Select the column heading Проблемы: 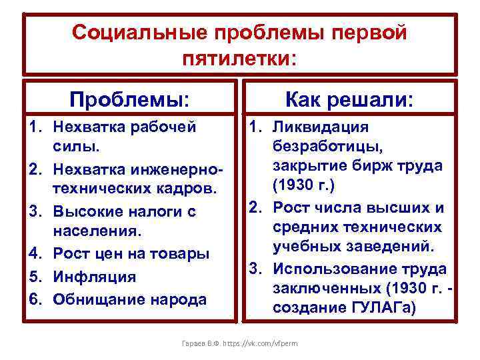pos(130,100)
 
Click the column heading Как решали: pos(349,100)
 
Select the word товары pos(179,254)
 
